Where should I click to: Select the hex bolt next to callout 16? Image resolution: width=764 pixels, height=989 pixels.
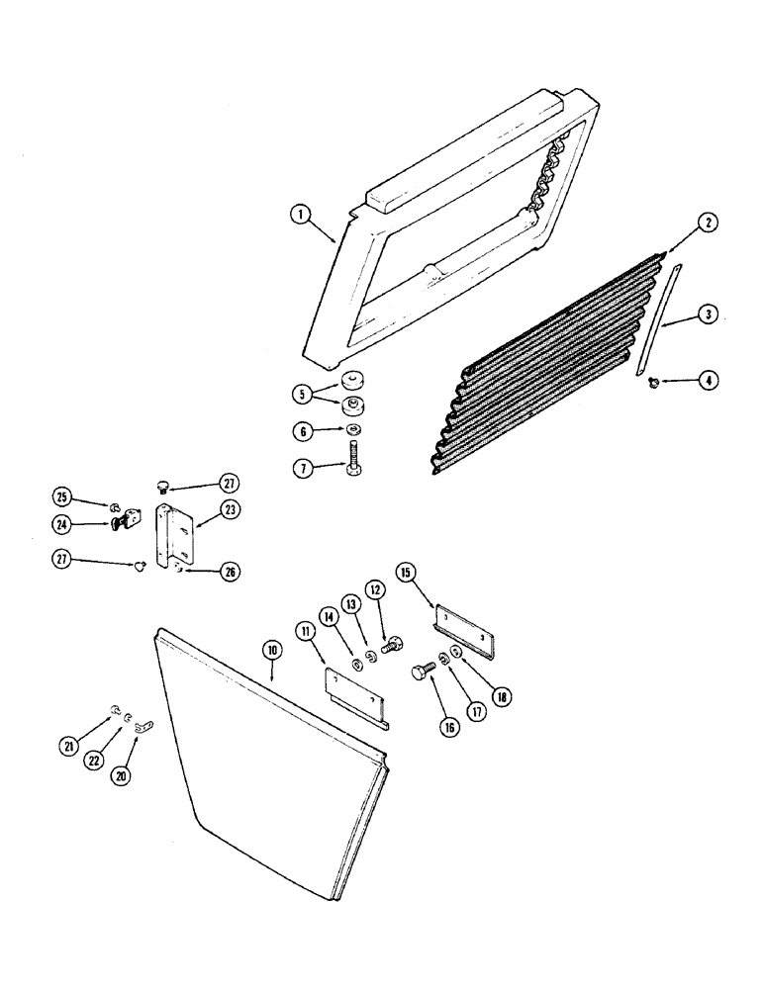point(423,674)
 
